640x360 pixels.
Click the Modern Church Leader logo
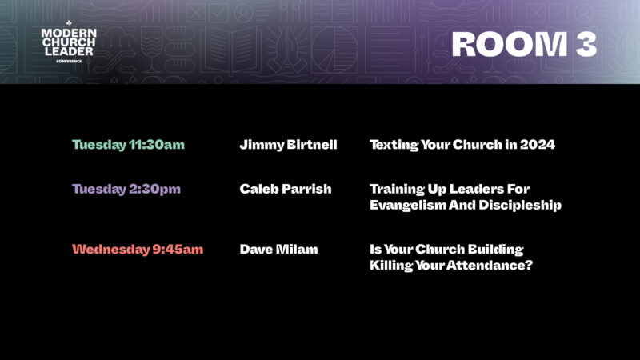click(x=69, y=42)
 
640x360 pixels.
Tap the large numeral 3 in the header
click(x=586, y=44)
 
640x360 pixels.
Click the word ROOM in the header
click(x=510, y=44)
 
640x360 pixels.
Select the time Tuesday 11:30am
click(x=128, y=145)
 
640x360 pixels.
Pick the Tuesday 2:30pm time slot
click(x=126, y=189)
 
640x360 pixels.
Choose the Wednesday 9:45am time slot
click(x=138, y=250)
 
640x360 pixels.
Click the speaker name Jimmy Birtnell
click(x=288, y=145)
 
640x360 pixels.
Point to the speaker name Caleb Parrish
click(x=286, y=189)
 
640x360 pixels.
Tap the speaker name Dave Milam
click(x=278, y=250)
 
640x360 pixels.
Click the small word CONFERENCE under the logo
click(x=69, y=62)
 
